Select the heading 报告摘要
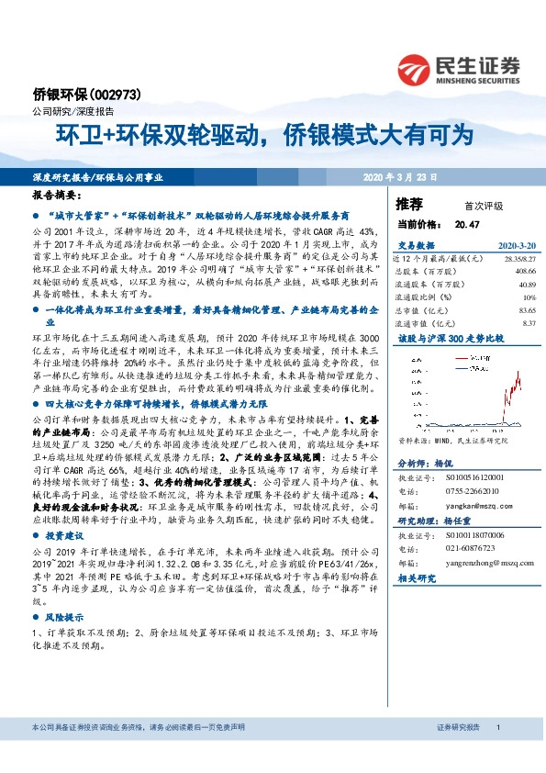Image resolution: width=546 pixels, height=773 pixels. [56, 196]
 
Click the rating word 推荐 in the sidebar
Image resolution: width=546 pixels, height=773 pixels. [409, 204]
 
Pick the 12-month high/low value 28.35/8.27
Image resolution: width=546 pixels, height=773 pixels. [518, 260]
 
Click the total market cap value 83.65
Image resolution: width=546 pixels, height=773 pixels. [526, 310]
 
